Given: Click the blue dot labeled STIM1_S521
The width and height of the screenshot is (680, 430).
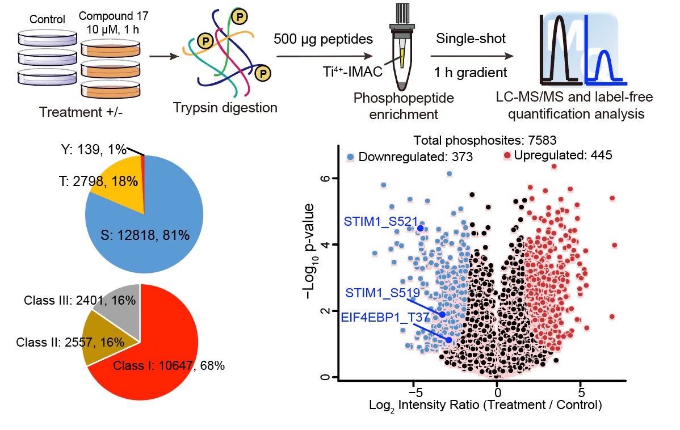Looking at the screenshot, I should [421, 228].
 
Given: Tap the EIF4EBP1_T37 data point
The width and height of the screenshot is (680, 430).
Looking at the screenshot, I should [449, 340].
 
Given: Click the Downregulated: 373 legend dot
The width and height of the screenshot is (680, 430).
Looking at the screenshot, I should [351, 156].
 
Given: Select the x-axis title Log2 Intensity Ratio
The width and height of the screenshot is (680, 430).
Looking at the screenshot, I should [485, 406].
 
